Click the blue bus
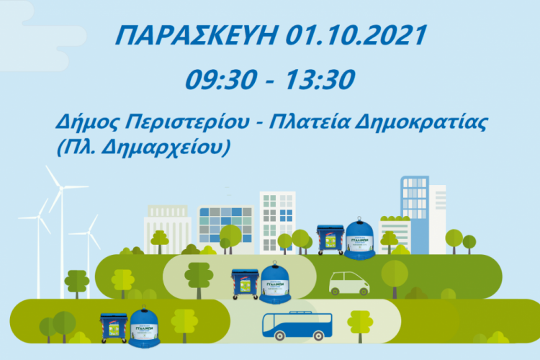point(292,325)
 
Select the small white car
point(349,283)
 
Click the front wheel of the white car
point(363,291)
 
